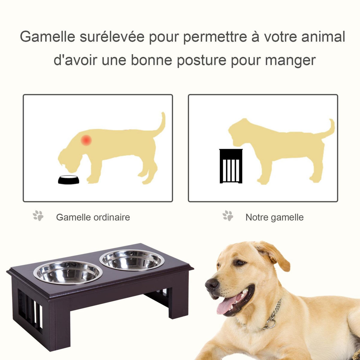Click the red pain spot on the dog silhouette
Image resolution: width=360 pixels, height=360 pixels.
[86, 140]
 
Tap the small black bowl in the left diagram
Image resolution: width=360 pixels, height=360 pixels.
[69, 179]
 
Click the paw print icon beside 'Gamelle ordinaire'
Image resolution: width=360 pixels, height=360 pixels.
[38, 216]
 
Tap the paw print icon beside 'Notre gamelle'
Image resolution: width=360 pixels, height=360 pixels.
[228, 216]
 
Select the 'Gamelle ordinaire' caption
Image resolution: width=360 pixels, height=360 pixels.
[93, 217]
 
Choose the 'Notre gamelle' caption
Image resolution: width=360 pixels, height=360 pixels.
[274, 217]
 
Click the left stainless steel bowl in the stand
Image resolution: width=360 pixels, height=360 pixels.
[68, 272]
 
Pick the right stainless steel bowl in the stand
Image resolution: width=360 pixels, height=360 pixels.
[132, 260]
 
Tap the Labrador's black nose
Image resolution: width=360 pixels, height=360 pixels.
[212, 283]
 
